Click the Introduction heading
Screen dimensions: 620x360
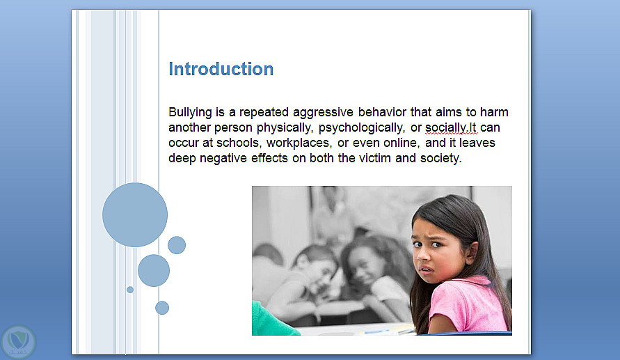221,69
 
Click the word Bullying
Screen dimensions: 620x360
190,113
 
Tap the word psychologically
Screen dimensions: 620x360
362,128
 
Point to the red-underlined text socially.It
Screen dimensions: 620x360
451,128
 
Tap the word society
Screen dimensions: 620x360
441,159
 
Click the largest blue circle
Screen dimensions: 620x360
135,214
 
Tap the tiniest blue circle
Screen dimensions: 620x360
130,290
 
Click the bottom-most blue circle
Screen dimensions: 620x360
162,308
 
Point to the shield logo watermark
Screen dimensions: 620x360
18,342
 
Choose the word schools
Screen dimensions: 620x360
239,143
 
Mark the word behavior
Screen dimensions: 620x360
382,112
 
